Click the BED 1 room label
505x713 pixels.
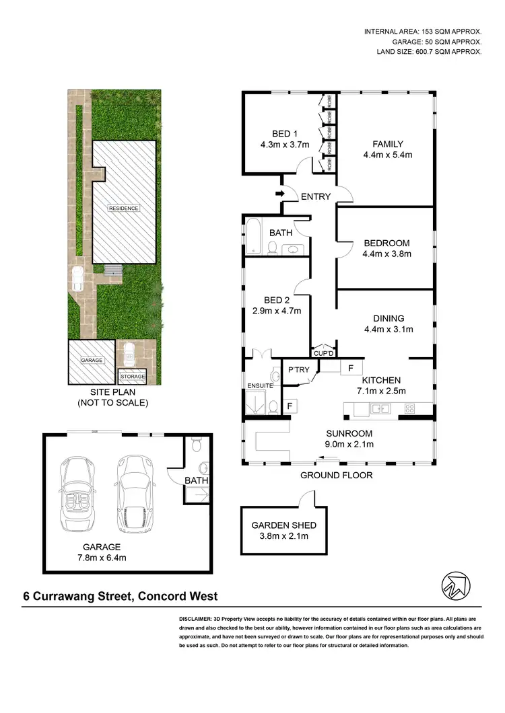coord(281,133)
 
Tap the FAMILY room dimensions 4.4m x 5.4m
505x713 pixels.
coord(388,155)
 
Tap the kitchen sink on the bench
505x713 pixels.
coord(379,408)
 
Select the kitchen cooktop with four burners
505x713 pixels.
coord(409,408)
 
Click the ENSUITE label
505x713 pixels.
coord(259,385)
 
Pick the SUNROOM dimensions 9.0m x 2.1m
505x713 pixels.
coord(339,444)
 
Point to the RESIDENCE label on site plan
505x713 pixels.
coord(124,208)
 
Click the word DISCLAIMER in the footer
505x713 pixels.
coord(196,617)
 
